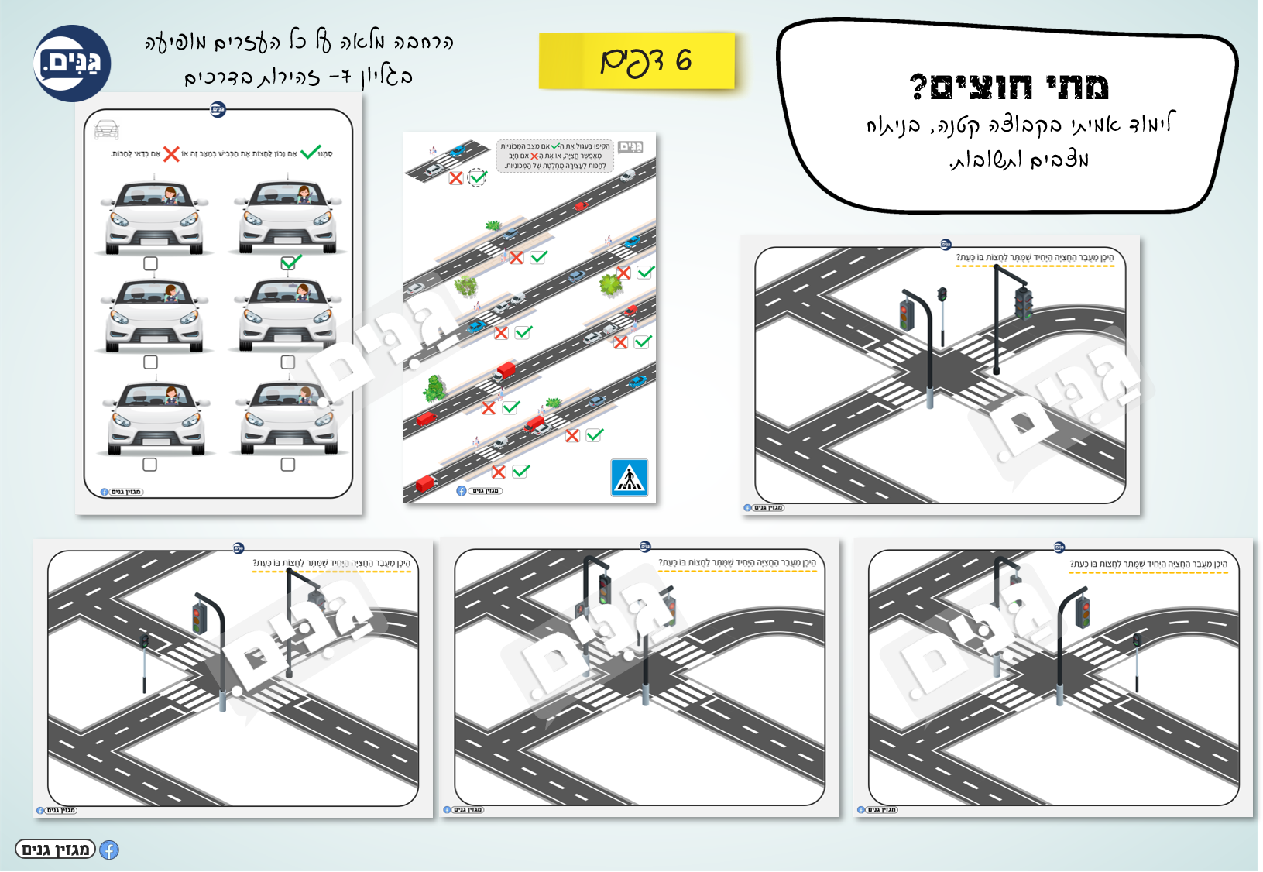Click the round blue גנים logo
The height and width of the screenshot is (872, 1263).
[72, 64]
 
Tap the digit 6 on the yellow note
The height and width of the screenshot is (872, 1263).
[683, 60]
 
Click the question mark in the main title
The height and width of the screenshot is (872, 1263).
[918, 87]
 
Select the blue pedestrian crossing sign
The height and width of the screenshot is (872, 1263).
[629, 477]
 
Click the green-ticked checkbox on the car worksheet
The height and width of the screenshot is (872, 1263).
[289, 263]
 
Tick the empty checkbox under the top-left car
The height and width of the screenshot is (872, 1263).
[150, 264]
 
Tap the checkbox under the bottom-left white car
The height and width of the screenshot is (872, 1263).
[150, 465]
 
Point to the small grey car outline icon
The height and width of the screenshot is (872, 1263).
[106, 129]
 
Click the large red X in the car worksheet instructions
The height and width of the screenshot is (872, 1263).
[171, 154]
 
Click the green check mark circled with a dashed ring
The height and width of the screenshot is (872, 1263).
[478, 178]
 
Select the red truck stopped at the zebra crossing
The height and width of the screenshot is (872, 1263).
[505, 371]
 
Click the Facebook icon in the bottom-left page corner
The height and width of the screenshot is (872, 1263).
[109, 850]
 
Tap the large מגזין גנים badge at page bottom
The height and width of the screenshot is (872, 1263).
[55, 850]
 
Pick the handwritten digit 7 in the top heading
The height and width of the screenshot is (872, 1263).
[345, 77]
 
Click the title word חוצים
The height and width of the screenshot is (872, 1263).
[983, 88]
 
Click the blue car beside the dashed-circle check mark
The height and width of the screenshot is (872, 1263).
[458, 151]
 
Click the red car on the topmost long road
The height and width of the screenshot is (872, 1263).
[580, 205]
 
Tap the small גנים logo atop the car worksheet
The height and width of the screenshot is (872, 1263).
[218, 110]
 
